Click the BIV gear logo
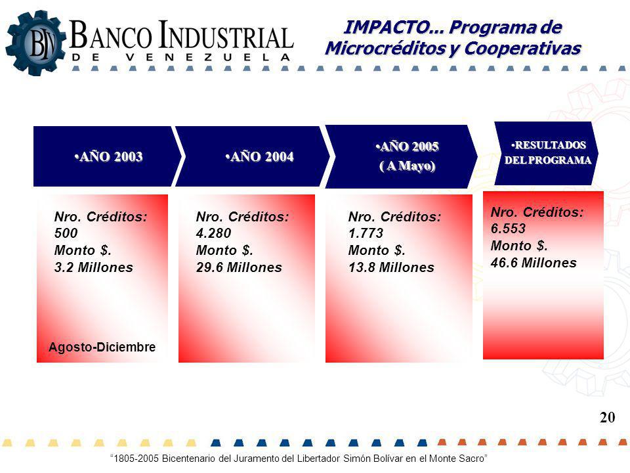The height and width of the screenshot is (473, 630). [x=35, y=43]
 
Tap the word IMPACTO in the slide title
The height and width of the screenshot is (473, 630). [x=387, y=27]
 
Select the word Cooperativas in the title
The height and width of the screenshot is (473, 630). [x=523, y=48]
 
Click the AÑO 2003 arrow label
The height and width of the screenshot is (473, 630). [x=108, y=156]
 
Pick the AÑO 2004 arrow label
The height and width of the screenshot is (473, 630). [x=260, y=156]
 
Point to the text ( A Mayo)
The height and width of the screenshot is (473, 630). [x=408, y=166]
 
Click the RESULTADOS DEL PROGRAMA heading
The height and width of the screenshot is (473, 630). [x=548, y=152]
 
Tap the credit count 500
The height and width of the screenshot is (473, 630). [x=66, y=233]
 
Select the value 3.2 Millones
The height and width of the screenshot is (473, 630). [x=94, y=267]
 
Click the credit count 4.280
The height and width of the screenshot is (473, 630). [x=213, y=233]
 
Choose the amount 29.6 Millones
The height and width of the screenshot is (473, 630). [x=239, y=267]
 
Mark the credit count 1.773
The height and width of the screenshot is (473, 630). [x=366, y=233]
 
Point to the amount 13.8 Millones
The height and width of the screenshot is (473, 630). [x=391, y=267]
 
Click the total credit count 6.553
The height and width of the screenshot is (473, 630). [x=508, y=229]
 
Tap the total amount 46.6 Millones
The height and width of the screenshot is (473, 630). [x=534, y=263]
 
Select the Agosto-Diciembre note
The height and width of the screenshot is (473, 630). [x=102, y=347]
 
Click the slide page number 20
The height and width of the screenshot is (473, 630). [x=608, y=418]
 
